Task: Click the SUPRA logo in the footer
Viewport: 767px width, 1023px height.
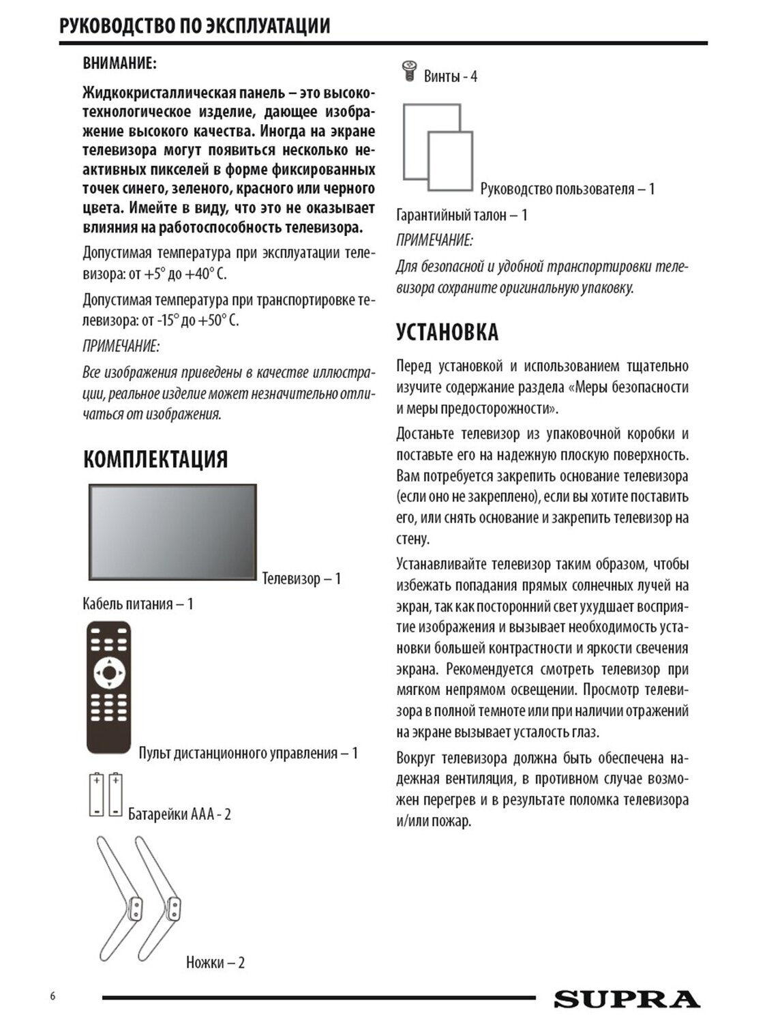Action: pyautogui.click(x=627, y=999)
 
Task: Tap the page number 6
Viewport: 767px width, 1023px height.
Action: pyautogui.click(x=52, y=995)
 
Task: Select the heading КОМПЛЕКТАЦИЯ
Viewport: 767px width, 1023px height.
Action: pyautogui.click(x=155, y=459)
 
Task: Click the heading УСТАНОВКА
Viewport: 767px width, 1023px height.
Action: pyautogui.click(x=447, y=332)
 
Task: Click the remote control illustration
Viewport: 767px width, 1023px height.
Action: pyautogui.click(x=108, y=686)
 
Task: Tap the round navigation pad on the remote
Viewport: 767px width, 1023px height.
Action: pyautogui.click(x=109, y=674)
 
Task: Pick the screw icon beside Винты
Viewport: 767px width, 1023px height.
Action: pyautogui.click(x=409, y=71)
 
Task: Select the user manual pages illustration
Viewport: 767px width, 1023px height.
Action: pyautogui.click(x=438, y=147)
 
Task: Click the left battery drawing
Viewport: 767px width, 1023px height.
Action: pyautogui.click(x=96, y=795)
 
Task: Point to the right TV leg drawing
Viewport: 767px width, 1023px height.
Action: pyautogui.click(x=161, y=893)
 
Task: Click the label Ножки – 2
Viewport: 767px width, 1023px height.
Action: pyautogui.click(x=215, y=962)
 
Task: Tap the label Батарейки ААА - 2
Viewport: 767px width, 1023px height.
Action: pyautogui.click(x=179, y=814)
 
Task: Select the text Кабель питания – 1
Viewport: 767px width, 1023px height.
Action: pyautogui.click(x=138, y=604)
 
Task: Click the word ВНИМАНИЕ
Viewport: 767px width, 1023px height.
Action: pyautogui.click(x=119, y=63)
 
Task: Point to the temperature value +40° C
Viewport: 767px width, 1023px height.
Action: pyautogui.click(x=205, y=274)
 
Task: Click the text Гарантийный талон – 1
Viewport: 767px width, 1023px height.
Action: pyautogui.click(x=462, y=215)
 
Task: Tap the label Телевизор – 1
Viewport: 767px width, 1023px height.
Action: pyautogui.click(x=301, y=578)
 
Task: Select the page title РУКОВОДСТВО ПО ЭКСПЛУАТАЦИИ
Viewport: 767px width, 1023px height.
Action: pyautogui.click(x=195, y=26)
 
